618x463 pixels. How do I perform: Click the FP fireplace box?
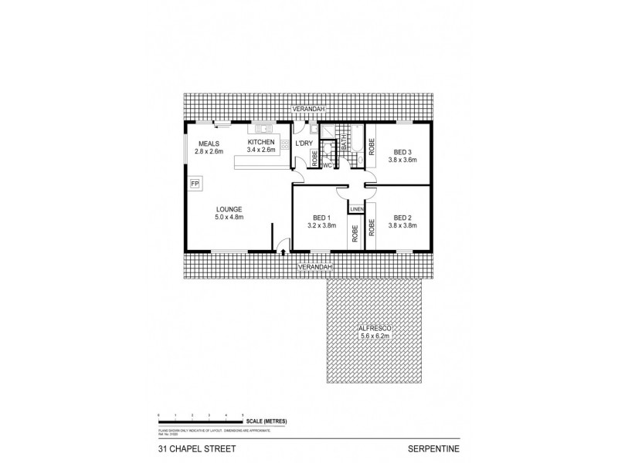[195, 184]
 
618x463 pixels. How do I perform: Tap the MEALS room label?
[209, 144]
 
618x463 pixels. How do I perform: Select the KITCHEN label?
[260, 144]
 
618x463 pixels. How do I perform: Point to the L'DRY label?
[303, 144]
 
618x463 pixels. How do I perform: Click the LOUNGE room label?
[229, 209]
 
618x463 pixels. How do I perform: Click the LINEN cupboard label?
[356, 210]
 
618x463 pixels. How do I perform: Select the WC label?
[328, 164]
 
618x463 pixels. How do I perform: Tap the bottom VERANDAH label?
[314, 266]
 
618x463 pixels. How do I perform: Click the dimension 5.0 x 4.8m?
[229, 218]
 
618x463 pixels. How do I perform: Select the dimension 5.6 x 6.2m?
[375, 336]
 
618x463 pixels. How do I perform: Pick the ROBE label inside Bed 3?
[372, 147]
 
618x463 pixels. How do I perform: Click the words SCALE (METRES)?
[267, 420]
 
